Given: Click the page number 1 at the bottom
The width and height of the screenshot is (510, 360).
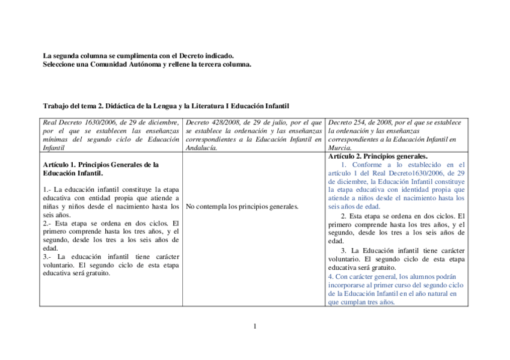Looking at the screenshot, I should pyautogui.click(x=255, y=326).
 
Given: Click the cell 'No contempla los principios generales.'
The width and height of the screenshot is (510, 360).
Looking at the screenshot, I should pyautogui.click(x=242, y=207).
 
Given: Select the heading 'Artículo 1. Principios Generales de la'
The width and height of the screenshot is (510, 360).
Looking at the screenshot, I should pyautogui.click(x=100, y=164).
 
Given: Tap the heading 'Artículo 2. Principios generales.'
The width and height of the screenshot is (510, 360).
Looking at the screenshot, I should pyautogui.click(x=378, y=156).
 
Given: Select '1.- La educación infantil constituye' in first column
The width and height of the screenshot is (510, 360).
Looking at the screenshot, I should pyautogui.click(x=111, y=189).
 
